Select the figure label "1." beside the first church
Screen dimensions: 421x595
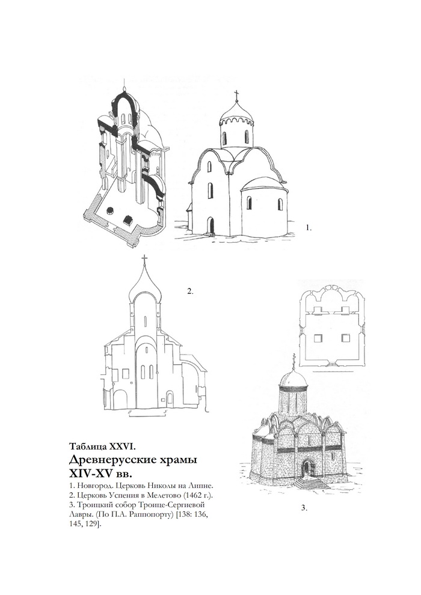309,228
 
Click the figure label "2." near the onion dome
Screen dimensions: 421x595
190,291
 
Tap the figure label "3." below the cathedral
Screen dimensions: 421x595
304,508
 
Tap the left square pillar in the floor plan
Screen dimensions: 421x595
319,337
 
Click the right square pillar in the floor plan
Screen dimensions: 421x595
345,337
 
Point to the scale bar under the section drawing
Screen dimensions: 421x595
147,415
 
